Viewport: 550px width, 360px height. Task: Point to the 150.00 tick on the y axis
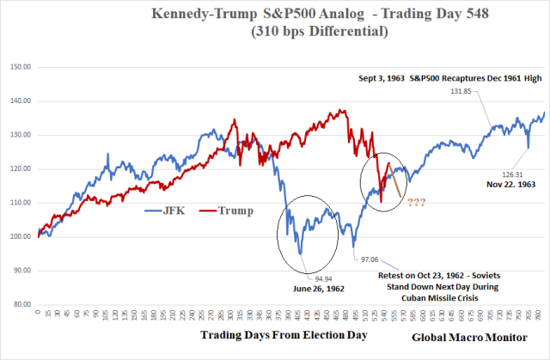click(20, 66)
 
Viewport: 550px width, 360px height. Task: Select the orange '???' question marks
click(419, 203)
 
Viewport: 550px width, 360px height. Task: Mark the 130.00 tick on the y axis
click(20, 134)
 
